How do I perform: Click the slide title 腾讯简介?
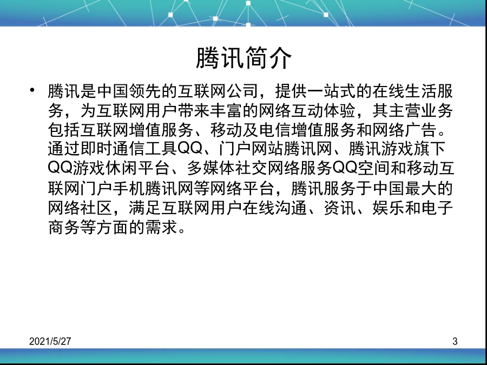[x=244, y=58]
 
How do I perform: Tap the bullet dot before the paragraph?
[x=32, y=90]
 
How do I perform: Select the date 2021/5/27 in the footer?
[x=50, y=341]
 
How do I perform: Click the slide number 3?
[x=455, y=341]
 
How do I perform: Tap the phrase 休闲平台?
[x=137, y=168]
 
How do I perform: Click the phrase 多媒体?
[x=211, y=168]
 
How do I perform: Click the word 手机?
[x=129, y=188]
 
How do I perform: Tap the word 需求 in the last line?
[x=161, y=227]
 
